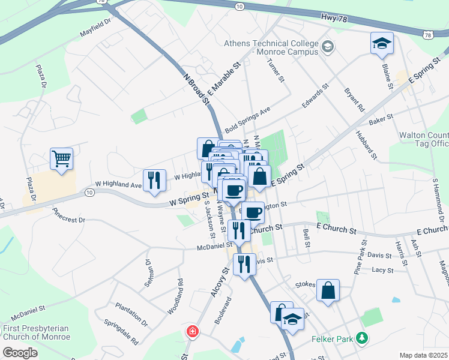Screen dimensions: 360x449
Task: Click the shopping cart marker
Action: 61,159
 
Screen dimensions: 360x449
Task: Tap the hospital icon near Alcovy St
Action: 192,331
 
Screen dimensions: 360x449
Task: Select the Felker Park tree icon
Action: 361,338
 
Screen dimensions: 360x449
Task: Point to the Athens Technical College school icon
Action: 328,46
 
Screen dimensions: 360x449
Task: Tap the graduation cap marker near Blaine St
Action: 382,43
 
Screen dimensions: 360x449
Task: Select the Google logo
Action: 20,353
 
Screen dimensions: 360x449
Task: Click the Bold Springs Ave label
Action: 248,120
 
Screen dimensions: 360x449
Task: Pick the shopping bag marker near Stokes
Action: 328,291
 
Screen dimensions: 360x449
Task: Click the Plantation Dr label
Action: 132,314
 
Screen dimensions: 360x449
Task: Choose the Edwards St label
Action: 316,95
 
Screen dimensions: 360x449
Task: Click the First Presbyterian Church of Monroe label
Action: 36,332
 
